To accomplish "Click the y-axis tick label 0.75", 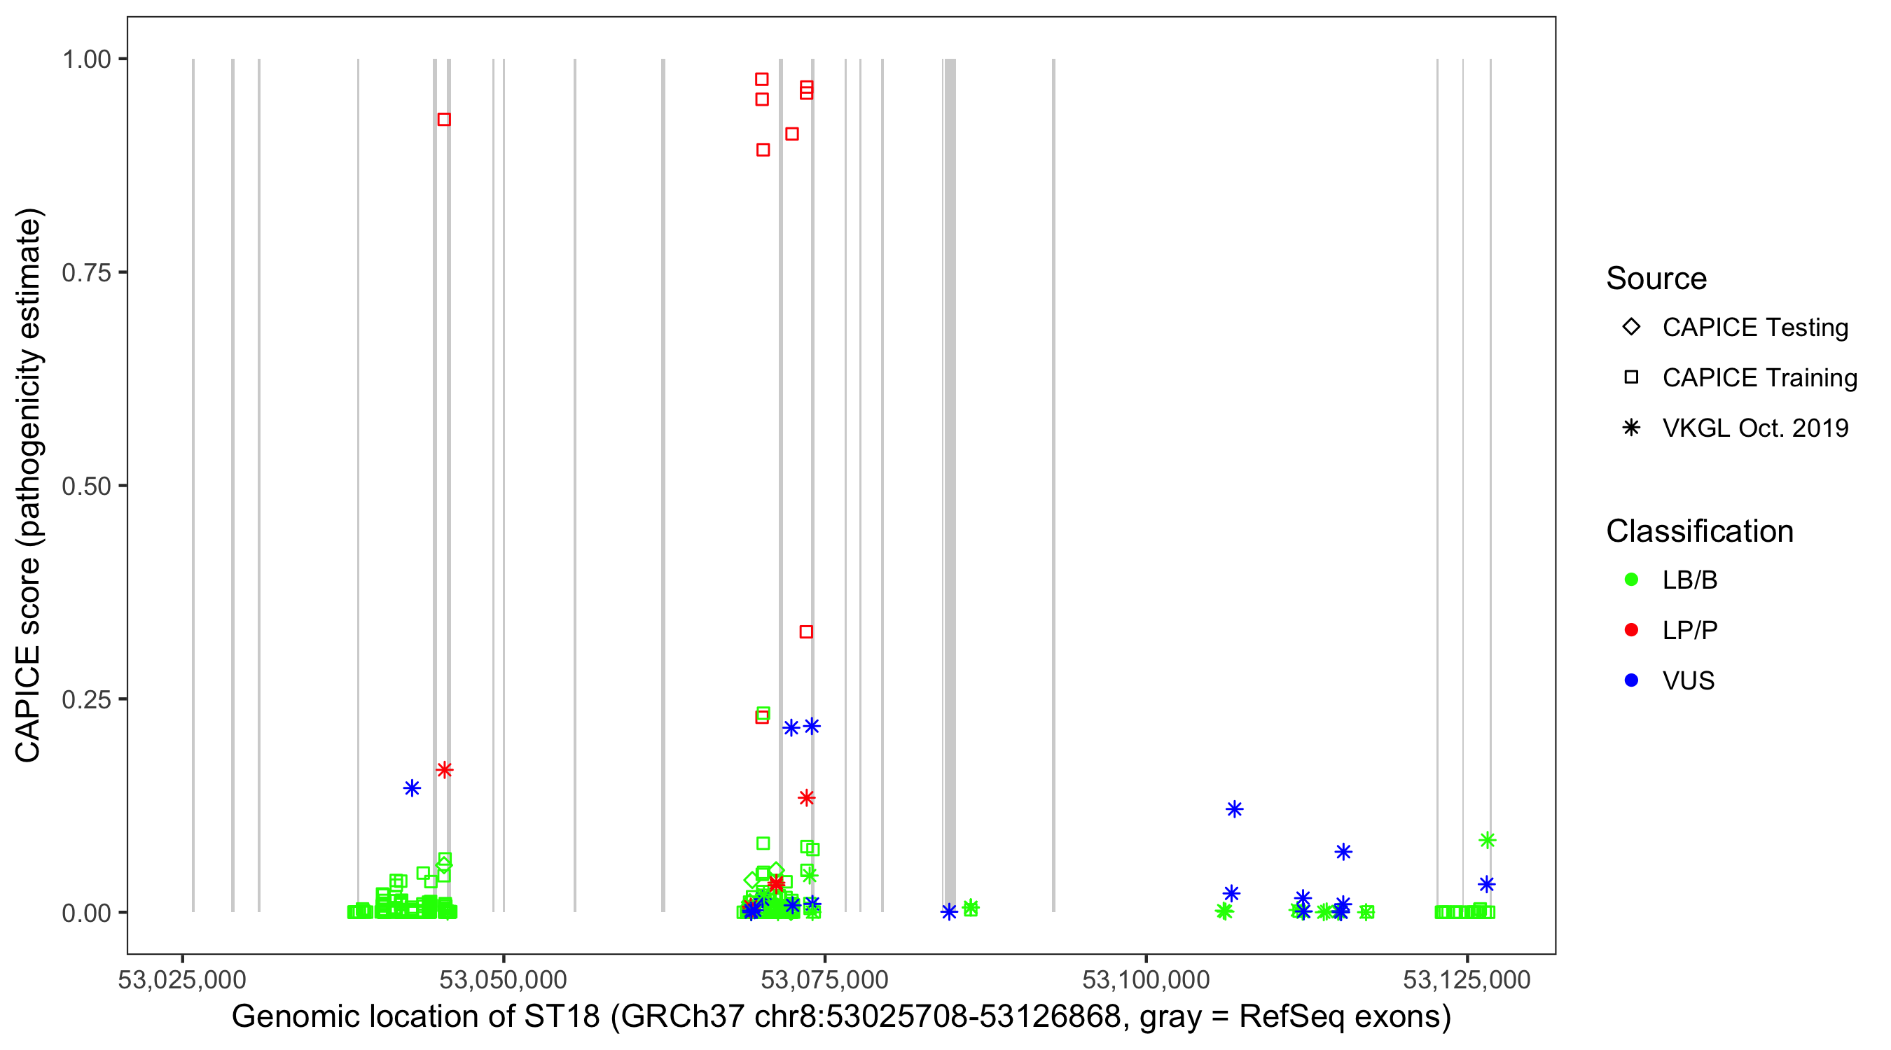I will pyautogui.click(x=85, y=272).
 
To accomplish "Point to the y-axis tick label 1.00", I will pyautogui.click(x=85, y=59).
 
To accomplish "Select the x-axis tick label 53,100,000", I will pyautogui.click(x=1145, y=979).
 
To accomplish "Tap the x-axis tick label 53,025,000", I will pyautogui.click(x=182, y=979).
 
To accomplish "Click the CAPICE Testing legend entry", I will pyautogui.click(x=1754, y=328).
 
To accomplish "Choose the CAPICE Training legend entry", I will pyautogui.click(x=1759, y=378).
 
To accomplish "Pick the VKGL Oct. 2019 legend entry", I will pyautogui.click(x=1754, y=428).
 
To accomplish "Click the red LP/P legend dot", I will pyautogui.click(x=1631, y=630).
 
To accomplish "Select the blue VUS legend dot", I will pyautogui.click(x=1631, y=680).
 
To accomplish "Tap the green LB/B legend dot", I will pyautogui.click(x=1631, y=580).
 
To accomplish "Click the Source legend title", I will pyautogui.click(x=1656, y=279).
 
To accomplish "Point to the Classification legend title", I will pyautogui.click(x=1699, y=531).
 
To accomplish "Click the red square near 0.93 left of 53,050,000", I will pyautogui.click(x=444, y=120).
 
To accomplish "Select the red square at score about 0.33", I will pyautogui.click(x=806, y=632).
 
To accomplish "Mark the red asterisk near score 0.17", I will pyautogui.click(x=444, y=770).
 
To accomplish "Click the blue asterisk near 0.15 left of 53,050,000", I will pyautogui.click(x=412, y=788).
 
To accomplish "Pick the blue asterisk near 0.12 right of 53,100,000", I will pyautogui.click(x=1234, y=808).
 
